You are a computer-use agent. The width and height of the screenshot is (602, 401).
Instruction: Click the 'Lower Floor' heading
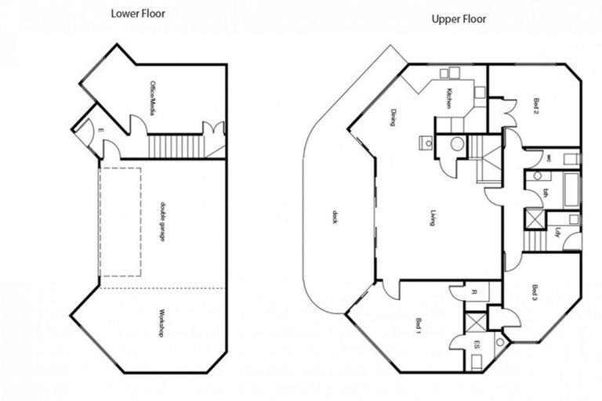(137, 13)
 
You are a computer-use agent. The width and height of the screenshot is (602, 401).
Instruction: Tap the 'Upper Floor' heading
(459, 19)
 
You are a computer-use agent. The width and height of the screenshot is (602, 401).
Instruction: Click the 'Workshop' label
(161, 322)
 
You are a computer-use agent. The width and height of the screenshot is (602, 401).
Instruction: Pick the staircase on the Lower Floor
(175, 146)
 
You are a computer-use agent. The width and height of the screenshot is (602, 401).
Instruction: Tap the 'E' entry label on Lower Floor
(101, 130)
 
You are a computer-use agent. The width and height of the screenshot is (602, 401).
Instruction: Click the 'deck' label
(335, 217)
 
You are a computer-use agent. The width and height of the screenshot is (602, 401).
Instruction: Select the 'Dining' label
(393, 117)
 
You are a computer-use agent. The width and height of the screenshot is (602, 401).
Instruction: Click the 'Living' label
(433, 218)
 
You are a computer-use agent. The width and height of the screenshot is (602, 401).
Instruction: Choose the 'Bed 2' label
(536, 104)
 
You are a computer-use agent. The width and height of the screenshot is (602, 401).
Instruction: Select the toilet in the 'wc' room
(571, 159)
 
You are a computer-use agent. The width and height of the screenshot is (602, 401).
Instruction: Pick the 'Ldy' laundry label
(557, 232)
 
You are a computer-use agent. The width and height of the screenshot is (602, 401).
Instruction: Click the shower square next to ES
(475, 323)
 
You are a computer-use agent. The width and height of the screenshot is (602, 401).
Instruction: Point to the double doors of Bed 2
(507, 113)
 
